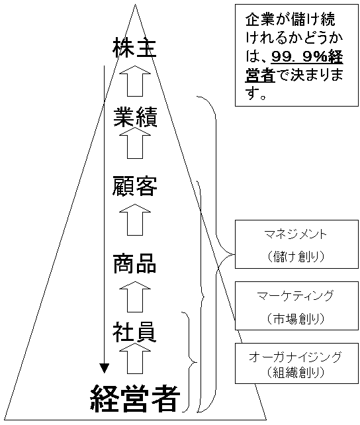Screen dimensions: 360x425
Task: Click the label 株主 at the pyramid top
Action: coord(134,48)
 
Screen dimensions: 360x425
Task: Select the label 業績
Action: coord(135,117)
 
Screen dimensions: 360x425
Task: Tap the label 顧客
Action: coord(134,186)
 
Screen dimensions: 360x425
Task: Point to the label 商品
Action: coord(134,263)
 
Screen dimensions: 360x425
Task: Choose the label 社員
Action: coord(134,332)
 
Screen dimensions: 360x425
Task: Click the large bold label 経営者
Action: coord(135,398)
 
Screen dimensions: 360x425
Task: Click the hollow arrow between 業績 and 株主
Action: coord(135,81)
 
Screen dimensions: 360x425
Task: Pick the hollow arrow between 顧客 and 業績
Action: coord(135,143)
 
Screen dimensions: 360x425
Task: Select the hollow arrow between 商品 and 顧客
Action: coord(135,220)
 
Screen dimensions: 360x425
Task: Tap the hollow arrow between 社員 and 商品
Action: coord(135,297)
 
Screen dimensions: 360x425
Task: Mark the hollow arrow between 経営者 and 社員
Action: coord(135,358)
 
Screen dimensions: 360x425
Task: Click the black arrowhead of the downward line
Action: coord(104,368)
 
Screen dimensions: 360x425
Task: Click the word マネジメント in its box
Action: coord(296,234)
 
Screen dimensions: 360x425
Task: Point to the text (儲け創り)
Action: coord(296,256)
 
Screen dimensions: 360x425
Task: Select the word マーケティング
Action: coord(296,295)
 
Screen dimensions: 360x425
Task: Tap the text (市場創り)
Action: coord(296,319)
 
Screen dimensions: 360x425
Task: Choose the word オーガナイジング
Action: coord(296,357)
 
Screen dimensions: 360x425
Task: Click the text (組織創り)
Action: coord(296,372)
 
